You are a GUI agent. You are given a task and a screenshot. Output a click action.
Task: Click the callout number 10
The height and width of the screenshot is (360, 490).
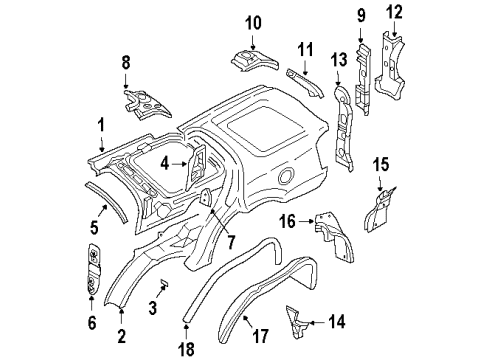pyautogui.click(x=252, y=22)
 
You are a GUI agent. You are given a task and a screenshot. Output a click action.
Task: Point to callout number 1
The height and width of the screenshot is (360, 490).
pyautogui.click(x=100, y=125)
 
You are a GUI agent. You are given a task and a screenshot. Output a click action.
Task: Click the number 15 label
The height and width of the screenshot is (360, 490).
pyautogui.click(x=382, y=164)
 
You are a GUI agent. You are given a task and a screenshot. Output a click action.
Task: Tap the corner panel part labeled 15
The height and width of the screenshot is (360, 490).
pyautogui.click(x=380, y=211)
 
